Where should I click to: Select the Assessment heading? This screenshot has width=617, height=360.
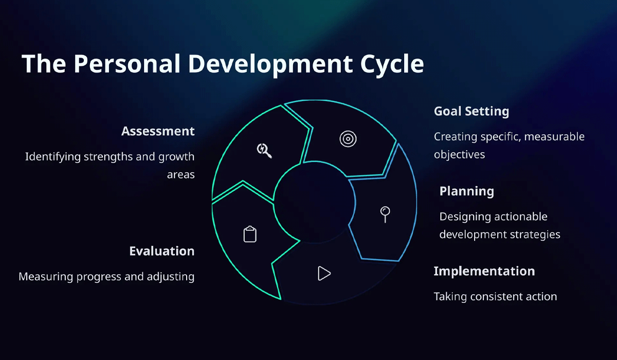click(158, 131)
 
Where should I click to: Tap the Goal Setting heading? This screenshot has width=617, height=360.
click(471, 111)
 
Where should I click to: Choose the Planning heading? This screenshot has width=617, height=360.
click(466, 191)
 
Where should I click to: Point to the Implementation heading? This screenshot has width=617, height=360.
click(484, 271)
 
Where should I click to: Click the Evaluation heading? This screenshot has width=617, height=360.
click(161, 251)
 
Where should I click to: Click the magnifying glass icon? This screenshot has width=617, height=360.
click(264, 150)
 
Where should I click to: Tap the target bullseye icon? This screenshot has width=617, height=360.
click(348, 138)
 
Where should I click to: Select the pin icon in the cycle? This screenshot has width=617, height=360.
click(385, 213)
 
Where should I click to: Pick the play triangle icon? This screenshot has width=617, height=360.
click(323, 273)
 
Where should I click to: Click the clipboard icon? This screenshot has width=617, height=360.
click(250, 234)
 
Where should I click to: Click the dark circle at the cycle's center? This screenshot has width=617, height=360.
click(314, 205)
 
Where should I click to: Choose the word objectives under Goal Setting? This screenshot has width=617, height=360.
click(459, 154)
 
